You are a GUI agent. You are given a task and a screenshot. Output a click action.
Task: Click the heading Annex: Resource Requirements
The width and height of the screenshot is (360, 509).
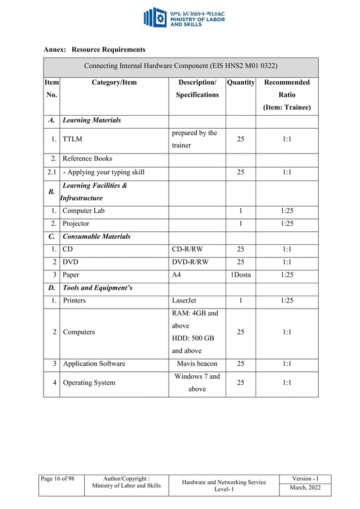click(x=94, y=50)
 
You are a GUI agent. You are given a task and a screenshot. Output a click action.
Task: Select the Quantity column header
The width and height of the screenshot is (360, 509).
click(x=240, y=82)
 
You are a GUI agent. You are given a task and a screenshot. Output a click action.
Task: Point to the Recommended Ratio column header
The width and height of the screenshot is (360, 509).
click(x=287, y=94)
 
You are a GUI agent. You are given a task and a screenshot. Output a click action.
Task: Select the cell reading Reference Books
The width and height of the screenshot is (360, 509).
click(x=87, y=159)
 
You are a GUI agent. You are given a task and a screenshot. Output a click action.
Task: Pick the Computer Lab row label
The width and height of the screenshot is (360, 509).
click(x=84, y=210)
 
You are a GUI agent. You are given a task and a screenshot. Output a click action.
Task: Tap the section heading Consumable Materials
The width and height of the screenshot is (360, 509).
click(x=96, y=236)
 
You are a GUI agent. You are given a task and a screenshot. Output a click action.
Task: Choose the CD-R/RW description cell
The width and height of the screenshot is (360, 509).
click(x=190, y=249)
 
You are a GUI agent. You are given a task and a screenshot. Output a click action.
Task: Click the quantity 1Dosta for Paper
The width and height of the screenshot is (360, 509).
click(x=240, y=275)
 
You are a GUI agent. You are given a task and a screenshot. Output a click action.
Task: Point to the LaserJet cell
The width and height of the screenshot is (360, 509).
click(x=184, y=300)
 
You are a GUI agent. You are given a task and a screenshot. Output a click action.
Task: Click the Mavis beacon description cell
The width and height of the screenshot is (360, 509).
click(x=197, y=363)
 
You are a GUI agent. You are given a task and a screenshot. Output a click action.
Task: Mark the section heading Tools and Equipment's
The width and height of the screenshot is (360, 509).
click(x=98, y=288)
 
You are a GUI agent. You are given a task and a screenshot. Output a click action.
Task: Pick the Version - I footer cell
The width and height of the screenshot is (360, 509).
click(x=305, y=479)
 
